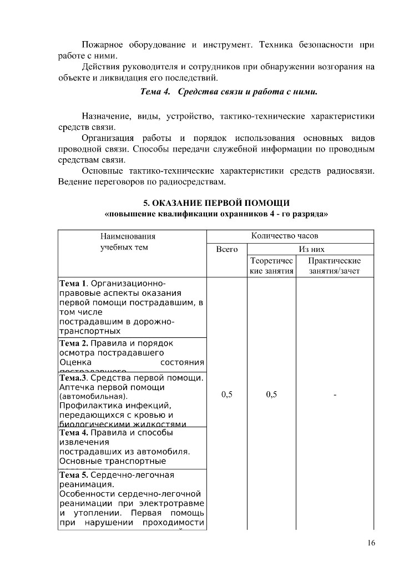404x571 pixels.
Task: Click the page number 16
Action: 371,543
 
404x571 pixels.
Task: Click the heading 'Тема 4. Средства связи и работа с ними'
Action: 229,91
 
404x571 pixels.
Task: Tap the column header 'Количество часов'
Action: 284,236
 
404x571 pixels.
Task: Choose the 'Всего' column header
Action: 226,250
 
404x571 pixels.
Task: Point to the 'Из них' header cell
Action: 311,250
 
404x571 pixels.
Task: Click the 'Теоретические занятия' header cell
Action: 271,266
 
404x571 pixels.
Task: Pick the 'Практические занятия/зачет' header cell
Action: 335,266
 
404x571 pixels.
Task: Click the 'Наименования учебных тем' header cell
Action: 124,241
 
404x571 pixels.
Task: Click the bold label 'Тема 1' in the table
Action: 72,284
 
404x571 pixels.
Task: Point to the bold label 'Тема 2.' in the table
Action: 73,343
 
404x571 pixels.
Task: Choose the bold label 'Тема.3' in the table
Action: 73,378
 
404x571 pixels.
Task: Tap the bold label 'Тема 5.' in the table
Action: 73,475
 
